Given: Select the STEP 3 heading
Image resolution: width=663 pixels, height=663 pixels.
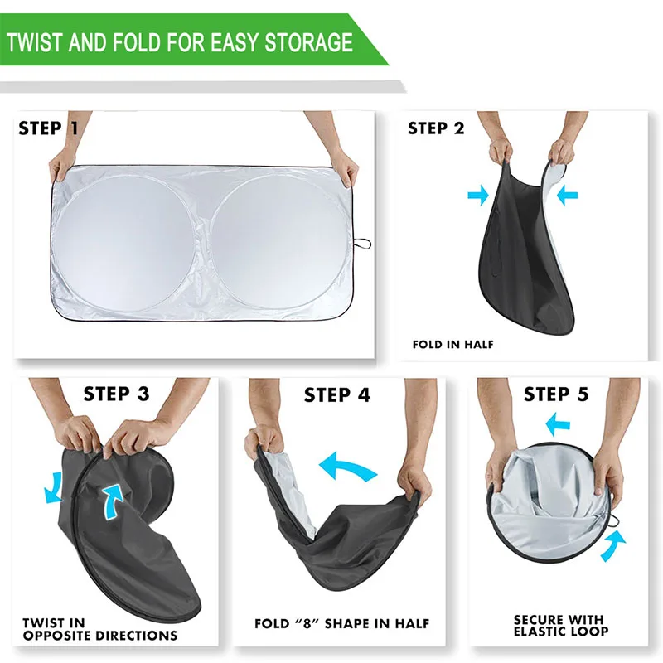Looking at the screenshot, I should click(x=116, y=393).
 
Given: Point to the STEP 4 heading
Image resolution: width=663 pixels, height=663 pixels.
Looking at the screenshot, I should click(x=336, y=394).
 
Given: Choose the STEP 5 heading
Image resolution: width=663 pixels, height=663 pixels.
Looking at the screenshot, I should click(x=556, y=393).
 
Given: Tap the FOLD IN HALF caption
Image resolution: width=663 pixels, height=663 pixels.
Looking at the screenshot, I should click(x=452, y=344).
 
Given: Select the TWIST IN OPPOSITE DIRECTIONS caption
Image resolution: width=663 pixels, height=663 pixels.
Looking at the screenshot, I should click(x=99, y=629).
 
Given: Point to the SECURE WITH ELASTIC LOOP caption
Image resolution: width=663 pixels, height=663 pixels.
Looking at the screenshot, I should click(x=561, y=625).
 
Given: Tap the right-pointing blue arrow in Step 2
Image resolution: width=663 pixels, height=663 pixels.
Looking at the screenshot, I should click(x=478, y=196).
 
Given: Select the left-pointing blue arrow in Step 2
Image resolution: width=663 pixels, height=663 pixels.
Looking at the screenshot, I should click(x=567, y=196).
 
